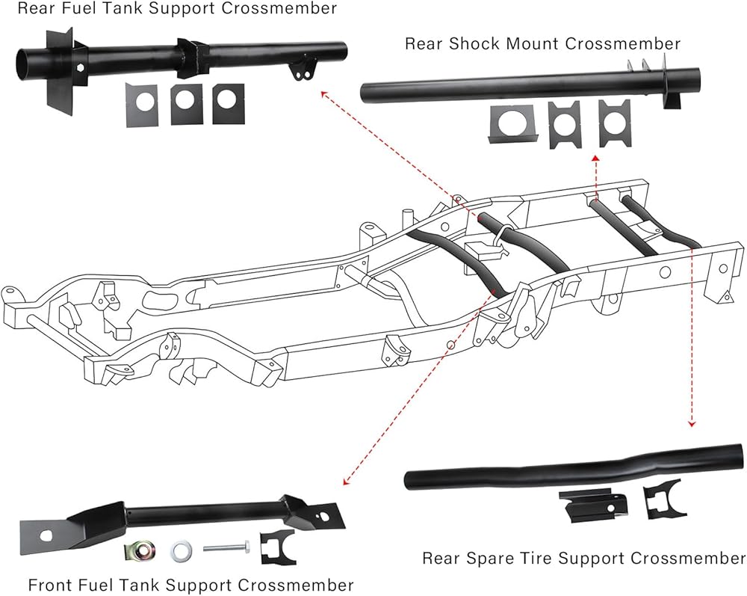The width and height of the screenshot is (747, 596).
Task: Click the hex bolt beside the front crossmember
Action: [227, 548]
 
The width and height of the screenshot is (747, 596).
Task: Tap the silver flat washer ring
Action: [181, 551]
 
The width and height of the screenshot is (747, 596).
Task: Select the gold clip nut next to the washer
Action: [140, 552]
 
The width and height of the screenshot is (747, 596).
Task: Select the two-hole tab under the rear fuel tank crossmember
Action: [302, 69]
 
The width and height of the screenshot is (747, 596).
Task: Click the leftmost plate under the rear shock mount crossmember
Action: [512, 123]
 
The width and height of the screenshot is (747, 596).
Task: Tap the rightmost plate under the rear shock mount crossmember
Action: [614, 123]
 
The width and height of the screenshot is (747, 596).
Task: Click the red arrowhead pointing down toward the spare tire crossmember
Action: [692, 423]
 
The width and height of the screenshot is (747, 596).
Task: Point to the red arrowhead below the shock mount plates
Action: [595, 158]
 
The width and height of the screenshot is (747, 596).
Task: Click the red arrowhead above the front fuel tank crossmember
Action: [346, 482]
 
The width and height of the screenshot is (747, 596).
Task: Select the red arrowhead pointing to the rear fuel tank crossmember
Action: [324, 94]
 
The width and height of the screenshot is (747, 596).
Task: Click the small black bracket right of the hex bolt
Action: [277, 547]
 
